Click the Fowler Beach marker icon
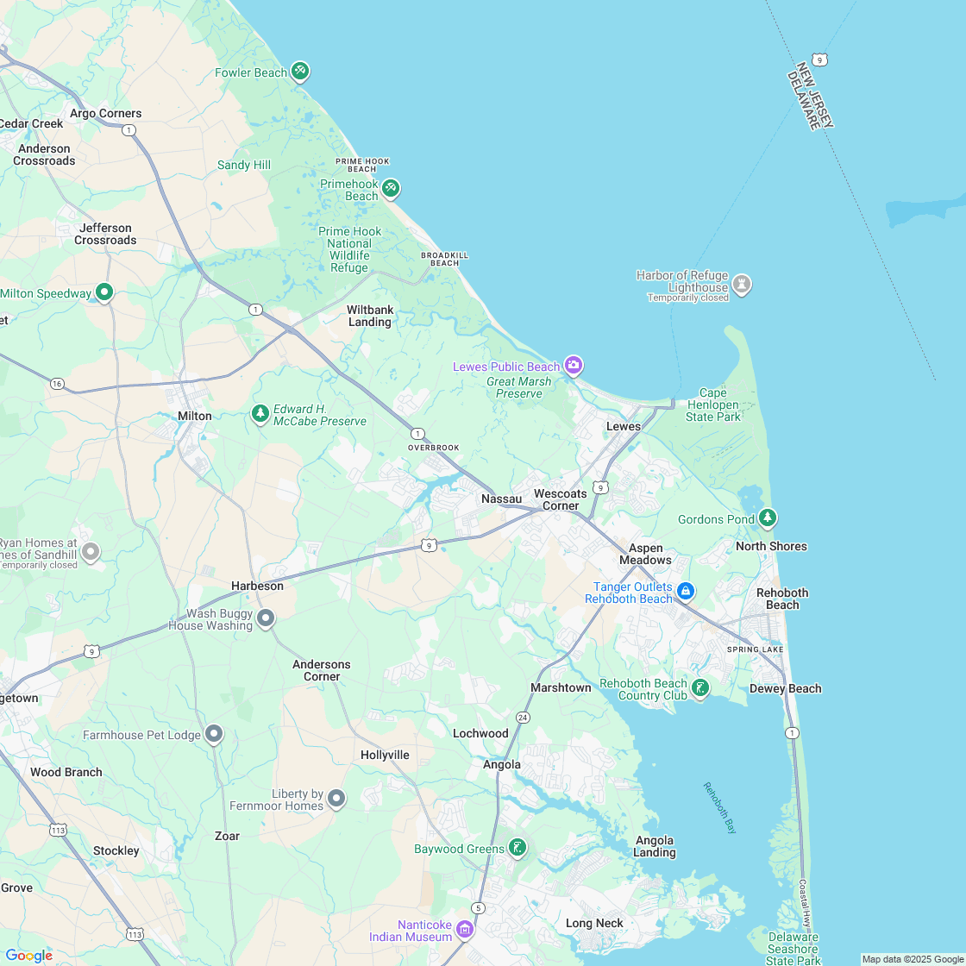(299, 71)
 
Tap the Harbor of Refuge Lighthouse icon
(742, 284)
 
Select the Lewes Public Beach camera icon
(574, 366)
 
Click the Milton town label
(194, 416)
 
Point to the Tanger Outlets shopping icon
(686, 591)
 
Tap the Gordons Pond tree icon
(768, 518)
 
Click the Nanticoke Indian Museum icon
(465, 930)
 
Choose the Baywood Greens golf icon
(517, 848)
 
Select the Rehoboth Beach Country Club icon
(700, 687)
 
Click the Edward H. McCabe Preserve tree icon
(260, 415)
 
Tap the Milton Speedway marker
(104, 293)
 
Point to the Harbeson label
(257, 586)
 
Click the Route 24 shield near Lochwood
(523, 718)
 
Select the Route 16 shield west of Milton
(57, 383)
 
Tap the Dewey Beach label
(785, 688)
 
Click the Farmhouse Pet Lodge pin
(214, 735)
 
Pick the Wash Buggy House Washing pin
(266, 618)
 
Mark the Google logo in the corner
(28, 955)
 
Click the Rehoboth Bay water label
(719, 807)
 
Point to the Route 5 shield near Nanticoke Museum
(478, 907)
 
